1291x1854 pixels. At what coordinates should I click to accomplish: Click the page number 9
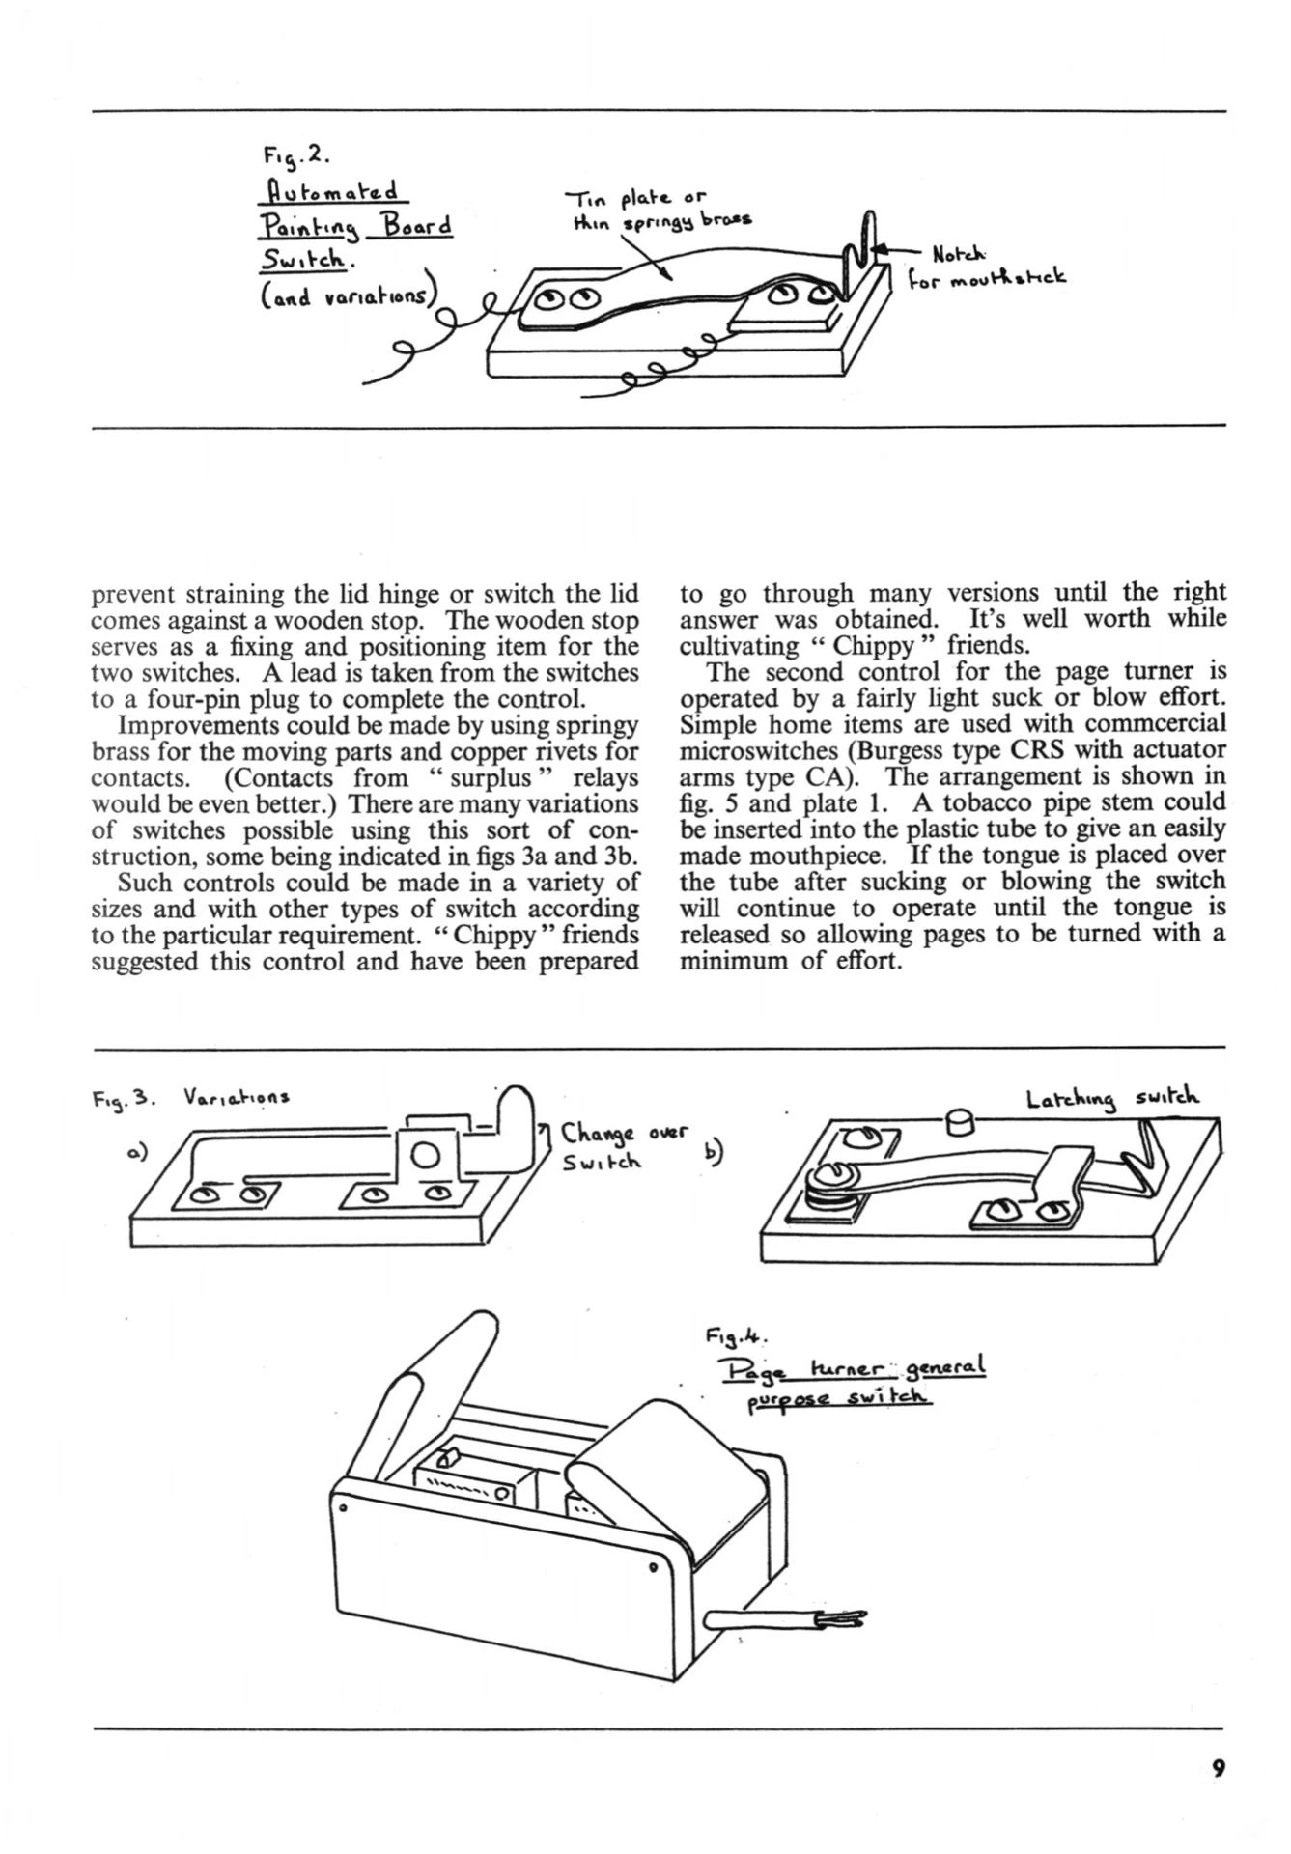pos(1218,1768)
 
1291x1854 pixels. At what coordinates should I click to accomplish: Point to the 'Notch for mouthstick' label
pos(985,267)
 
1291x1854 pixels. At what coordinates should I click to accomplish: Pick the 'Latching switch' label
pos(1112,1099)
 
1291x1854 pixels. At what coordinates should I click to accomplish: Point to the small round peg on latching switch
pos(960,1122)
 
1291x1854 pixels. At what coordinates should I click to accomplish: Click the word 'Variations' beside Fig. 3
pos(236,1098)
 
